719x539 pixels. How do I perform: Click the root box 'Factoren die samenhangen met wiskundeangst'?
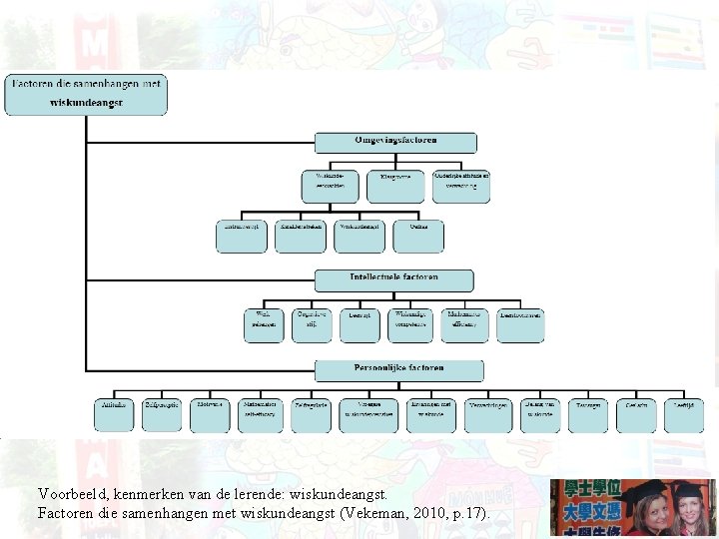click(86, 95)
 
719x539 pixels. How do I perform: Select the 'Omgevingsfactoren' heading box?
click(394, 142)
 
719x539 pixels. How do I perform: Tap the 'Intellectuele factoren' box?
click(394, 279)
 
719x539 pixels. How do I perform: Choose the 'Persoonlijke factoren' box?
click(398, 370)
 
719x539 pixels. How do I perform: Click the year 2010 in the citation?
click(426, 513)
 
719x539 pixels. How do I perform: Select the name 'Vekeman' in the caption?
click(367, 513)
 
